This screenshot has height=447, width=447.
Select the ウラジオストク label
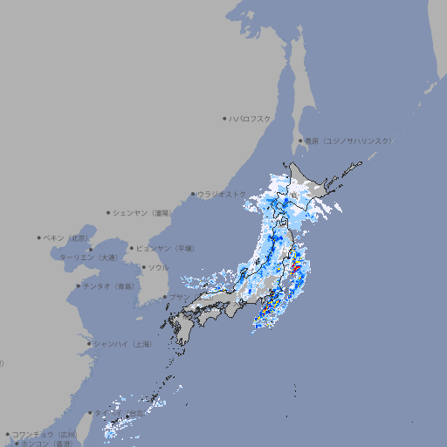click(222, 194)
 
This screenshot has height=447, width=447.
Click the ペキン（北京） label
click(67, 237)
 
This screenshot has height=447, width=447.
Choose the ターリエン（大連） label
click(88, 258)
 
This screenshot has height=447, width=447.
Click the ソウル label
click(158, 267)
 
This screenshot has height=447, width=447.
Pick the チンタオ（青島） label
click(107, 285)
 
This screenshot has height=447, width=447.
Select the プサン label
click(178, 297)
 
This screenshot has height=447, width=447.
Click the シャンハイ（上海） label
click(122, 344)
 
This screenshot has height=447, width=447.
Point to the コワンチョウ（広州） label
click(45, 434)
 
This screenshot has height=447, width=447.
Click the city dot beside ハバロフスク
click(224, 118)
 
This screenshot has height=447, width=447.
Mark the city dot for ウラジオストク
click(193, 194)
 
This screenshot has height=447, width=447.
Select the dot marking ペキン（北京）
click(39, 237)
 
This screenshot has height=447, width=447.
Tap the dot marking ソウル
click(142, 267)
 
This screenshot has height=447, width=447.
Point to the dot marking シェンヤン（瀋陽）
click(108, 212)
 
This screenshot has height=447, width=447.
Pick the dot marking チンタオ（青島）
click(78, 285)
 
